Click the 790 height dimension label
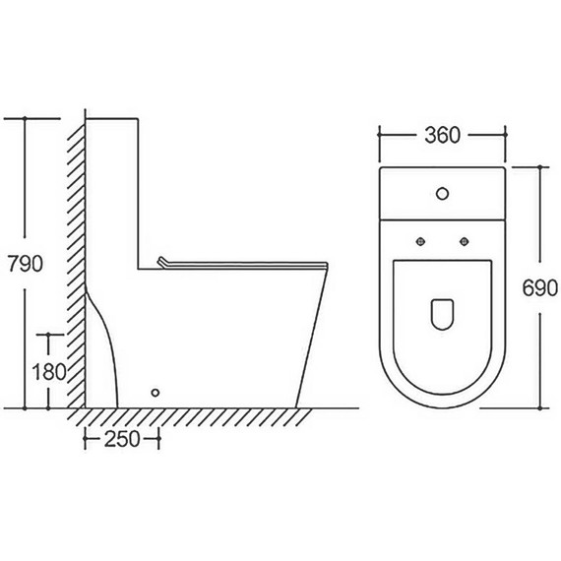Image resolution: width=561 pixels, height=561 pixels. coord(26,264)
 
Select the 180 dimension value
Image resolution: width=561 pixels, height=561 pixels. coord(49,372)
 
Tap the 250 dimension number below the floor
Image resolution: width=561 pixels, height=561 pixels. coord(122,439)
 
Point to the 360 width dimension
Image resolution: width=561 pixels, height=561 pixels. coord(443,135)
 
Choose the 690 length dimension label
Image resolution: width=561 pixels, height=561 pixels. coord(540,288)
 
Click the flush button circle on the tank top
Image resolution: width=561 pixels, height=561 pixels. coord(443,194)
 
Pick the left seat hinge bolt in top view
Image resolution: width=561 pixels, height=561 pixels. coord(421,241)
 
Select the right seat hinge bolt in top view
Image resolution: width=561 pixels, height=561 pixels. coord(464,241)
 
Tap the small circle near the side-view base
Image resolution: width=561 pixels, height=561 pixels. coord(156,393)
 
